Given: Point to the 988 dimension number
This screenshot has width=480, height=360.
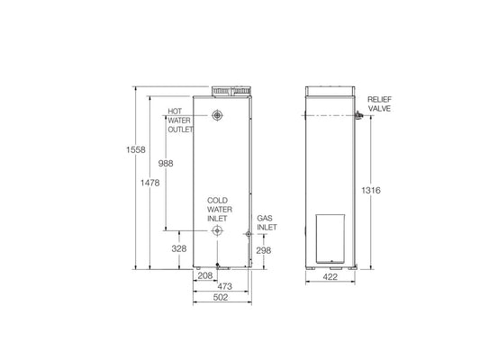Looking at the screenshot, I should tap(165, 164).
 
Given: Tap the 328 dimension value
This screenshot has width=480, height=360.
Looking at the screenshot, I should tap(177, 247).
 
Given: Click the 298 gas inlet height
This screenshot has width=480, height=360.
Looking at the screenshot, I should tap(264, 250).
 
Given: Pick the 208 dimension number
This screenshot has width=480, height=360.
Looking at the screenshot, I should tap(205, 274).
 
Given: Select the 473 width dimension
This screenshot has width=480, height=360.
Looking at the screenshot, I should tap(225, 285).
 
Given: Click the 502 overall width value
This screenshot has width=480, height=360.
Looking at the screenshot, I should tap(219, 297).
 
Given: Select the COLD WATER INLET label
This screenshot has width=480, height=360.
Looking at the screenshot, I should tap(218, 209).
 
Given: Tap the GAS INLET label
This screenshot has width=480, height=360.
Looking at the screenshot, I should tap(266, 222).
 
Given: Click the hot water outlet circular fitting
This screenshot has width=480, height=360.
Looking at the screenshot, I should tap(217, 115).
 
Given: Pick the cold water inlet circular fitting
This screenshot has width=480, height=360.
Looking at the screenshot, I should tap(217, 231).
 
